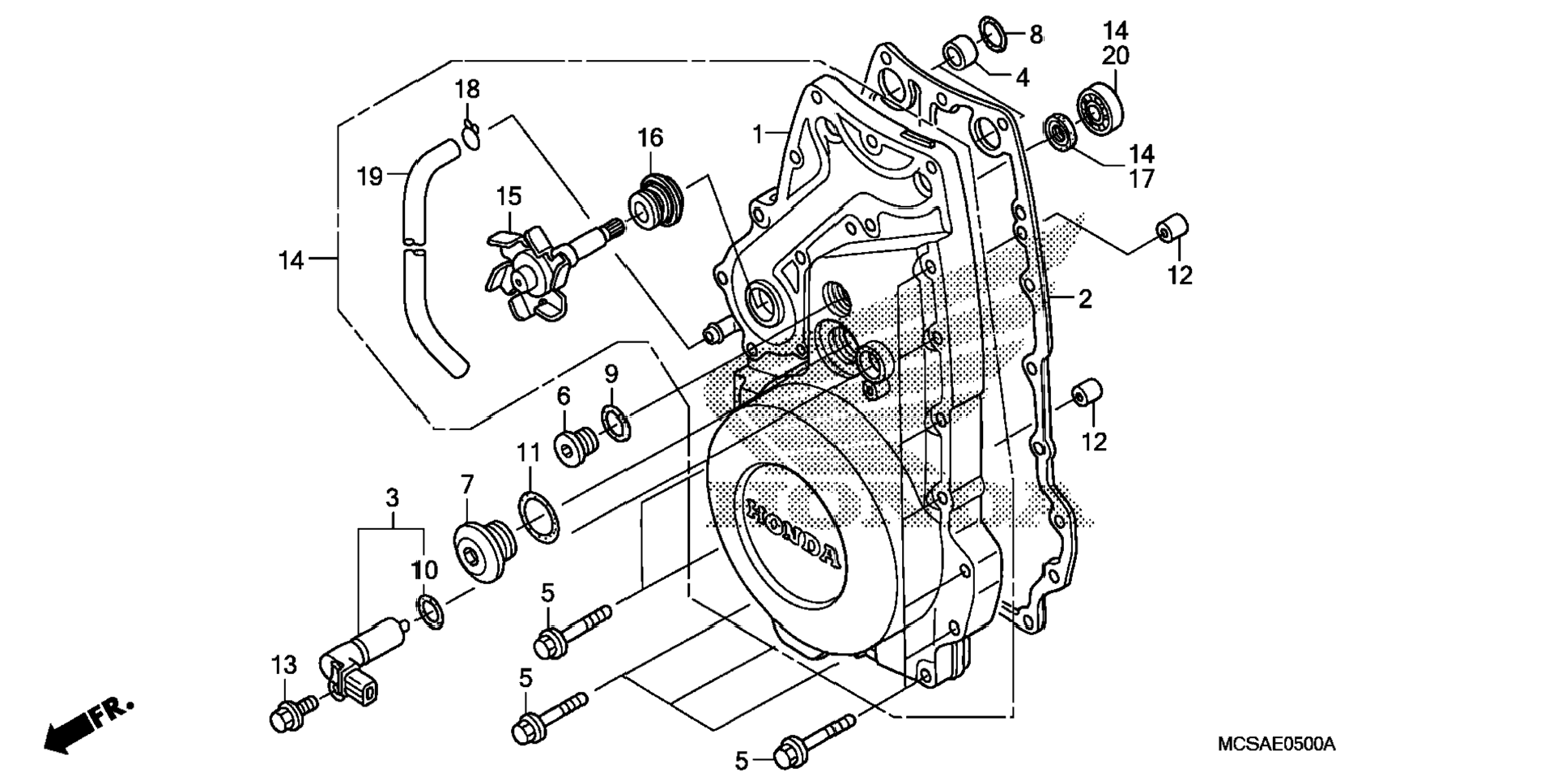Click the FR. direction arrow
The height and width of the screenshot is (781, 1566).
[x=87, y=723]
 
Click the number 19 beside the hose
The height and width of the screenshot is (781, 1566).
[x=370, y=176]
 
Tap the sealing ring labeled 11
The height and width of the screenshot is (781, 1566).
[x=538, y=517]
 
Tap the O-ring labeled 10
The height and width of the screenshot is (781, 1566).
[x=430, y=611]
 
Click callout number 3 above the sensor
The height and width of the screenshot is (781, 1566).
[x=392, y=497]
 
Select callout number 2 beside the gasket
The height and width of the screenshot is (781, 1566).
[x=1085, y=299]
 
